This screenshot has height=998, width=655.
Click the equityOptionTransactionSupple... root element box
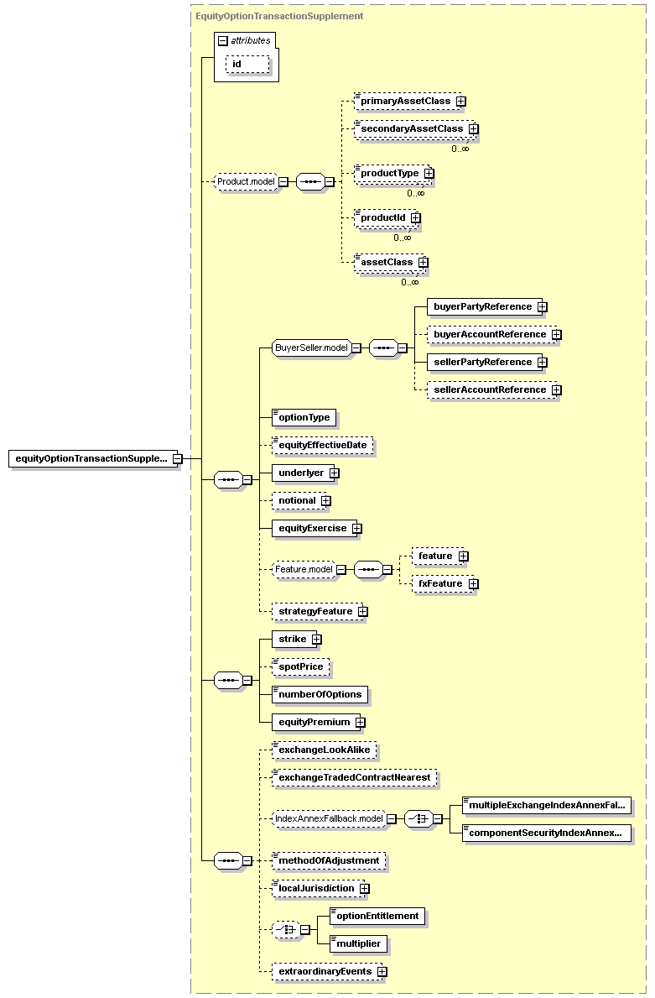coord(93,458)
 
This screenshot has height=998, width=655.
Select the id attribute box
coord(247,65)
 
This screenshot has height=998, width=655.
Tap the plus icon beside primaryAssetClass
coord(461,102)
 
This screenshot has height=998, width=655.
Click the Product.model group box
coord(246,181)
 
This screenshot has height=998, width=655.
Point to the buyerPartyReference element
coord(484,306)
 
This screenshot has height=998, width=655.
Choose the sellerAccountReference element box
coord(491,389)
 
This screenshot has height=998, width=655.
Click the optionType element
coord(304,417)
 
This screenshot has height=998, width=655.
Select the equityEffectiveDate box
coord(322,445)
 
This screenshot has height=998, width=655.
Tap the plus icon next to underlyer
coord(335,473)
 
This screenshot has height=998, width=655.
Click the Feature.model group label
coord(304,569)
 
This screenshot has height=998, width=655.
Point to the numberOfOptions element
coord(320,694)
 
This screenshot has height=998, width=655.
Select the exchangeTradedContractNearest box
coord(354,778)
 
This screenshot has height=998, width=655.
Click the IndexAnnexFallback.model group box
coord(329,818)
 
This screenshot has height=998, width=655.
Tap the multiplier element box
coord(358,944)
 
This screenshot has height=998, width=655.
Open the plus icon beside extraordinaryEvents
coord(382,972)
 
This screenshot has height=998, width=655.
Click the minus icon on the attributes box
coord(222,41)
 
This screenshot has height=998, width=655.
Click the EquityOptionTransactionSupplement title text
coord(279,16)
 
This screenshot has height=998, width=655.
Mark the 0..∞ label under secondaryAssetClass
coord(460,149)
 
